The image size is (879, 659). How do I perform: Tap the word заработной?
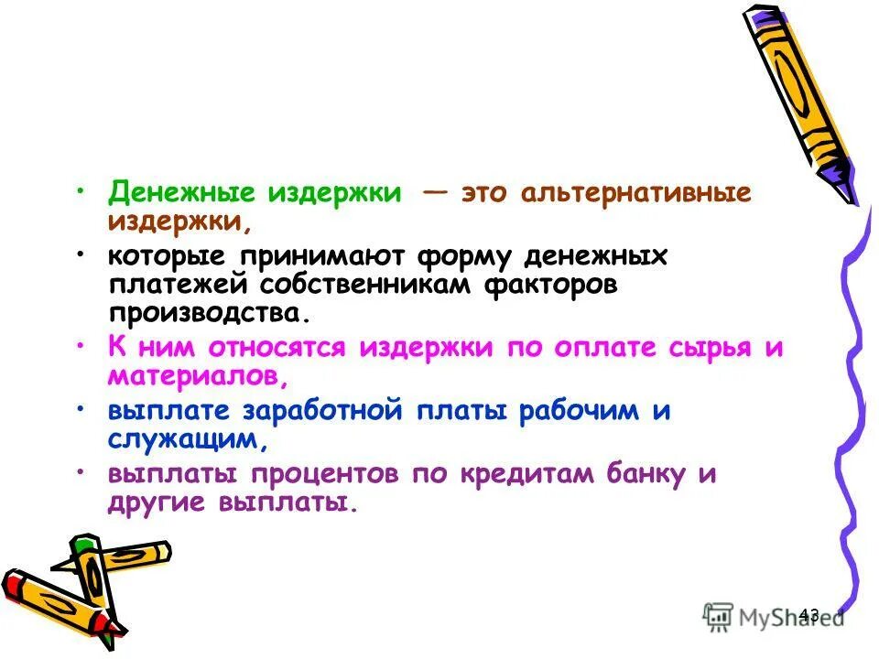pos(320,412)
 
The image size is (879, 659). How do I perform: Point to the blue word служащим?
pos(188,440)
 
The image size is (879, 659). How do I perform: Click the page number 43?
pos(808,615)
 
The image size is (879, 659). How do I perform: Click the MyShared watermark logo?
pos(775,616)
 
